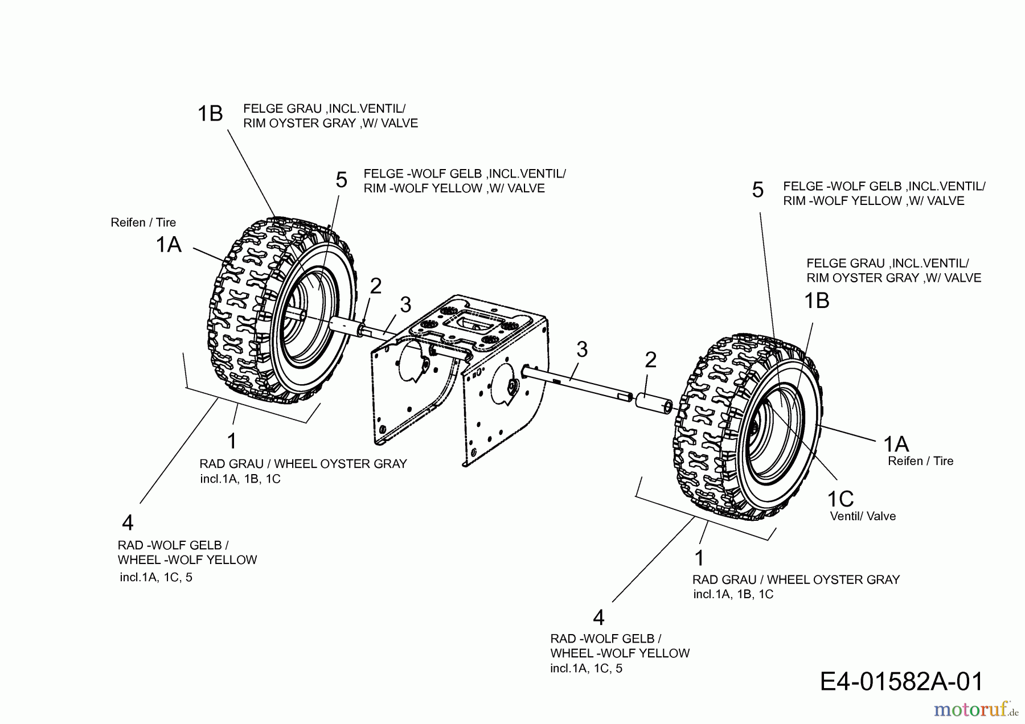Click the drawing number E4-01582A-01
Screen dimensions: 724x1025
click(901, 681)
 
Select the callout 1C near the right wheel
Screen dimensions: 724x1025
click(840, 499)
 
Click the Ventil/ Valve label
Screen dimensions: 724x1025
click(863, 516)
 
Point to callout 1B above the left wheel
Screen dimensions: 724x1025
click(210, 114)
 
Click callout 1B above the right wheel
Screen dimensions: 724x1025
click(816, 301)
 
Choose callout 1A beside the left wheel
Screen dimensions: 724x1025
click(169, 245)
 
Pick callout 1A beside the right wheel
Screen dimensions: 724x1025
click(896, 443)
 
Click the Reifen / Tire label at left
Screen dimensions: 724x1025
click(143, 223)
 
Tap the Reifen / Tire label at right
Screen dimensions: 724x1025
click(920, 461)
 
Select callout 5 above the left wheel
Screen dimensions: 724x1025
click(341, 180)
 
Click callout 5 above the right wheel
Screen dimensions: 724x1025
click(757, 190)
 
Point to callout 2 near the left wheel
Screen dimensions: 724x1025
click(375, 286)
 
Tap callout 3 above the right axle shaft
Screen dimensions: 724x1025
click(581, 349)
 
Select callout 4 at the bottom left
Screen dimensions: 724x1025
click(128, 523)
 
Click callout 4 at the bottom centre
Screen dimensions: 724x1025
click(598, 618)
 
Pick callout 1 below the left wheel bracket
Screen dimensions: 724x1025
click(231, 441)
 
